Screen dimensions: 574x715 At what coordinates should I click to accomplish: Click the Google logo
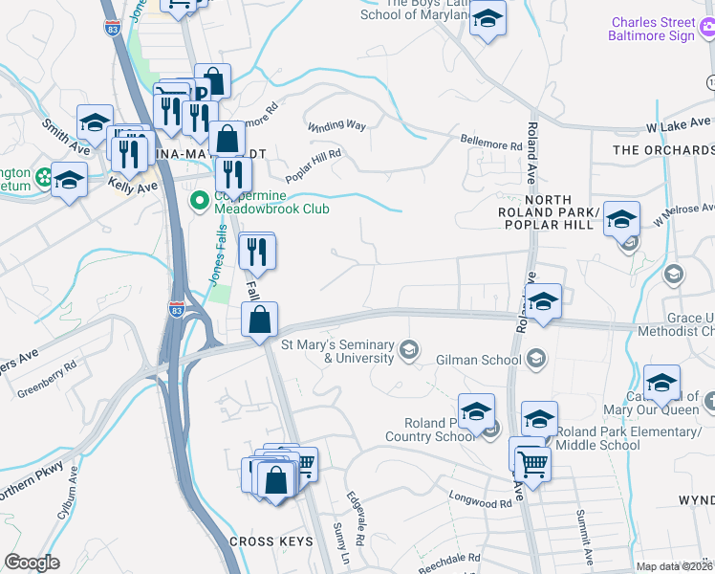point(32,563)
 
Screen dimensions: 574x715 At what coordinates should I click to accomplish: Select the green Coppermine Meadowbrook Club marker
point(200,201)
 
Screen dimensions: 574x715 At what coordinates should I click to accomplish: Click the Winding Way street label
point(336,125)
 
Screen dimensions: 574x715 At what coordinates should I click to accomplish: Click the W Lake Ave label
point(676,126)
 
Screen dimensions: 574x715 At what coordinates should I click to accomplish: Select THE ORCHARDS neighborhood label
point(662,150)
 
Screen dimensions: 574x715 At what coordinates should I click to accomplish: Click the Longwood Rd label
point(480,502)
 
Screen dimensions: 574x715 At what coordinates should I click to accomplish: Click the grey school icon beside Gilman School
point(536,359)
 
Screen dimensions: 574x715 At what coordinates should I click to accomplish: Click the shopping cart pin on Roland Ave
point(533,465)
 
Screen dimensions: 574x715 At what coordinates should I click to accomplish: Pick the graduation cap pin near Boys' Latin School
point(487,19)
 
